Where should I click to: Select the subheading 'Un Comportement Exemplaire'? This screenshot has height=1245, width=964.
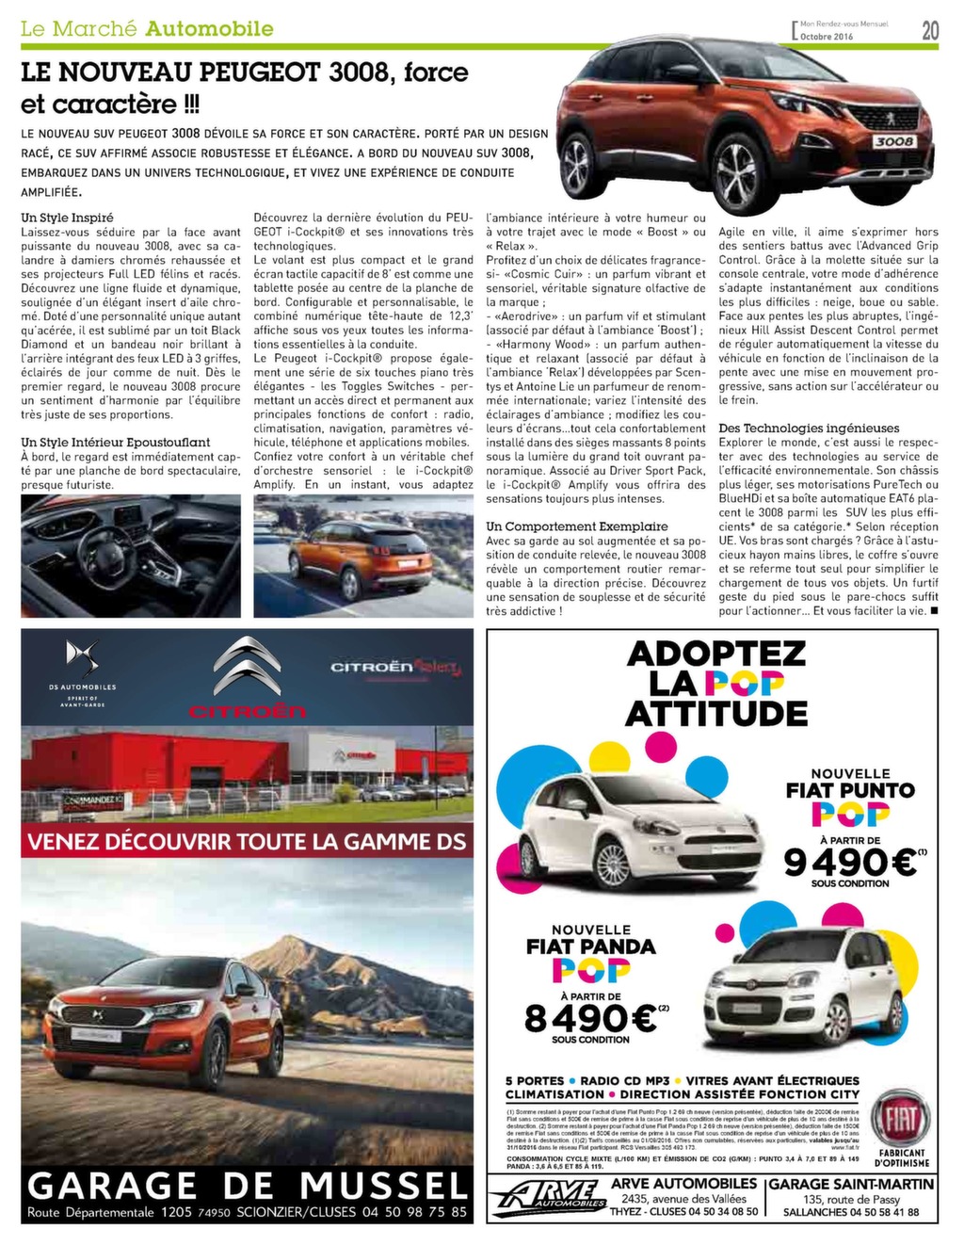coord(577,526)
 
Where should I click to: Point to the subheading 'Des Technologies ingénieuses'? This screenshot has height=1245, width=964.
coord(809,428)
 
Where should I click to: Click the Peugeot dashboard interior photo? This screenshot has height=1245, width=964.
coord(131,556)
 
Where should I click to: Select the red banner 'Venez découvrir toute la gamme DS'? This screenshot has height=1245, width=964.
coord(247,840)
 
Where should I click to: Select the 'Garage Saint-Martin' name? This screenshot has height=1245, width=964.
coord(851,1184)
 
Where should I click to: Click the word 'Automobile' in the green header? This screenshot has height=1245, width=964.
coord(210,28)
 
